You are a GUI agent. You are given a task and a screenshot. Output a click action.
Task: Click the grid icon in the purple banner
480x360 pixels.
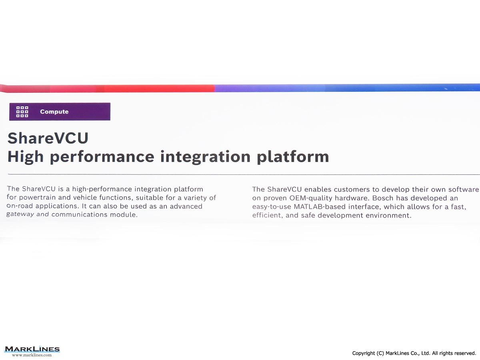pyautogui.click(x=22, y=112)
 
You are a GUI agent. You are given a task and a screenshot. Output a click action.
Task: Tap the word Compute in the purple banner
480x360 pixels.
pyautogui.click(x=54, y=112)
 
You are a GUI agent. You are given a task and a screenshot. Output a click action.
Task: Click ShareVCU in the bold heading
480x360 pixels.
pyautogui.click(x=48, y=138)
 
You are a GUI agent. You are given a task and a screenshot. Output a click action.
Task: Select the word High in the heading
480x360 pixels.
pyautogui.click(x=25, y=157)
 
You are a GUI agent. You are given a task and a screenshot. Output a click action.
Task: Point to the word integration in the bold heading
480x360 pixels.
pyautogui.click(x=205, y=157)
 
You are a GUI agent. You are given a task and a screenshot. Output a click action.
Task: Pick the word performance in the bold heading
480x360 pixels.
pyautogui.click(x=102, y=157)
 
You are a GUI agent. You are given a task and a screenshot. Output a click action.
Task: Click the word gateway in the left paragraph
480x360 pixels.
pyautogui.click(x=20, y=214)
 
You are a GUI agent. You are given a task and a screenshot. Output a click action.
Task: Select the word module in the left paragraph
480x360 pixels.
pyautogui.click(x=124, y=215)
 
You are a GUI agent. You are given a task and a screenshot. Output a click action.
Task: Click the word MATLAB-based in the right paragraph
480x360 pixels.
pyautogui.click(x=320, y=207)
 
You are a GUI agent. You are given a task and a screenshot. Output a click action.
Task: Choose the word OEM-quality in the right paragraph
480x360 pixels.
pyautogui.click(x=310, y=198)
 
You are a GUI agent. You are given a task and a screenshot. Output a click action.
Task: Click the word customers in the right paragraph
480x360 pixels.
pyautogui.click(x=352, y=189)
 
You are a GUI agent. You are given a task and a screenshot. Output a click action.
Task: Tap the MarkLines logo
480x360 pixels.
pyautogui.click(x=32, y=349)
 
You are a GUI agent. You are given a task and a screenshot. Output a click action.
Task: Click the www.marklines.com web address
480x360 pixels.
pyautogui.click(x=32, y=355)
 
